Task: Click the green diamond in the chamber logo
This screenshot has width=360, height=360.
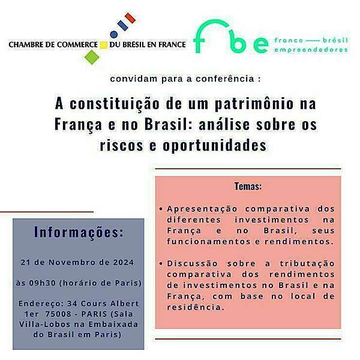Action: point(91,56)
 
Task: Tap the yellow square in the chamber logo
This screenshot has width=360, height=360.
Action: point(103,44)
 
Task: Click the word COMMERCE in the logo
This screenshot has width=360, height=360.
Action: point(74,44)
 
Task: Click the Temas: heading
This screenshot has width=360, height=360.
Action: point(248,187)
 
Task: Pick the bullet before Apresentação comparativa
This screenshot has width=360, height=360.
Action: point(161,209)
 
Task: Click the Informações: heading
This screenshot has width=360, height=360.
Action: point(79,232)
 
